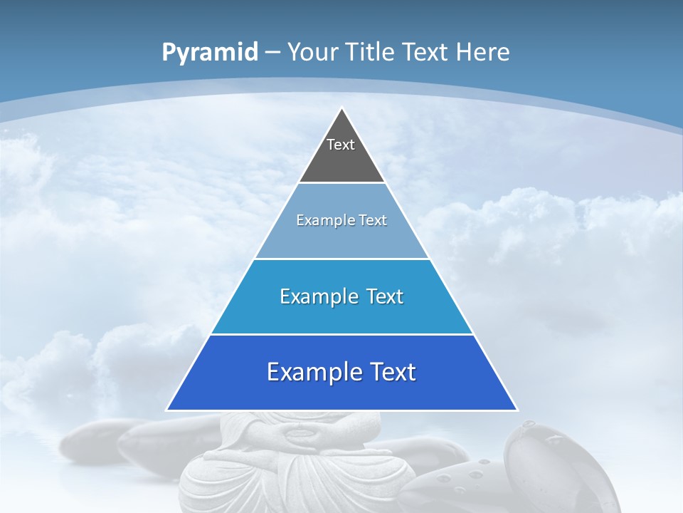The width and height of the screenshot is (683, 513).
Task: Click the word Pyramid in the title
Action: (x=210, y=53)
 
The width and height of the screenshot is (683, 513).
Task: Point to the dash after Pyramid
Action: (x=272, y=53)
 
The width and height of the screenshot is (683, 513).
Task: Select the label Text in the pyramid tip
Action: (x=341, y=145)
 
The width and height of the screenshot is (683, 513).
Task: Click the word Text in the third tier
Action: (x=385, y=296)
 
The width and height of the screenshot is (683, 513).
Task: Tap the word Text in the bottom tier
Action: (x=392, y=372)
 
